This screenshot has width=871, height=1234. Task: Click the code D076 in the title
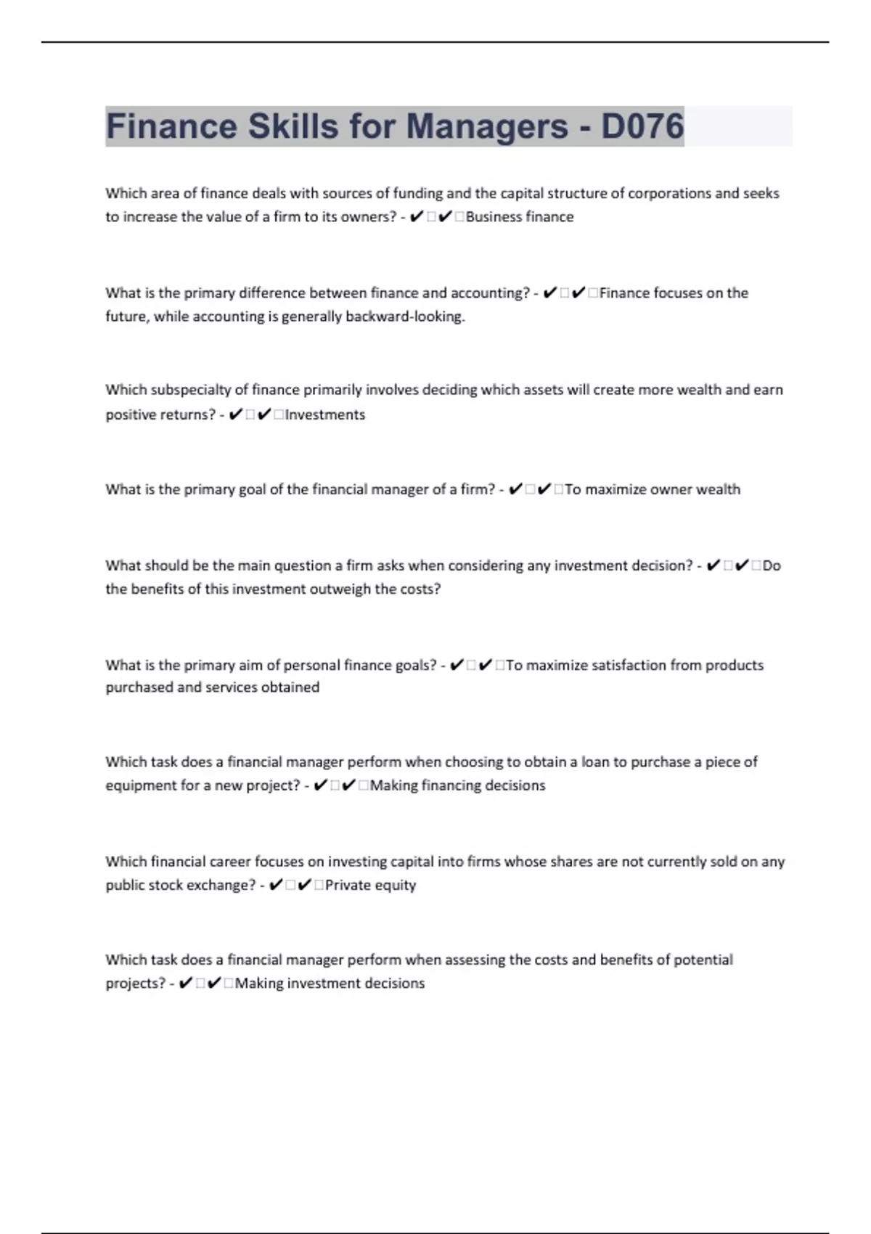tap(642, 126)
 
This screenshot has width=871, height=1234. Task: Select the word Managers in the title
tap(487, 126)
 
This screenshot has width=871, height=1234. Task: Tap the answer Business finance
tap(520, 217)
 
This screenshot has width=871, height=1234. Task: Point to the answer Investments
tap(325, 414)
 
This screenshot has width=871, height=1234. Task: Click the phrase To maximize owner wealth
tap(653, 489)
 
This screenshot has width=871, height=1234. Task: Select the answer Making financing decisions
tap(457, 785)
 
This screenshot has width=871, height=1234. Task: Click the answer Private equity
tap(370, 885)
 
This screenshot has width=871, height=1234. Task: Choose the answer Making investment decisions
tap(330, 983)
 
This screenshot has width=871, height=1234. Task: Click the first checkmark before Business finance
tap(416, 217)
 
